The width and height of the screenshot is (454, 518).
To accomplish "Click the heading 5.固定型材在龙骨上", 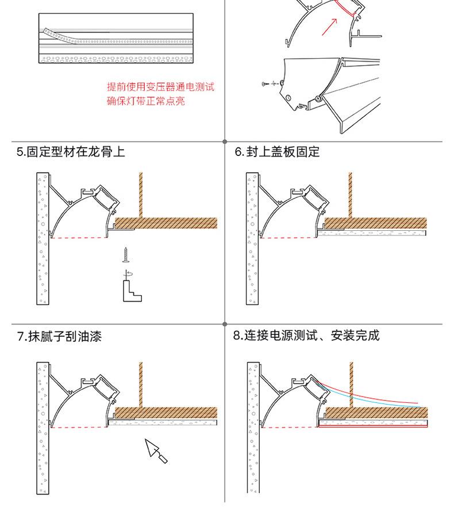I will [x=71, y=152].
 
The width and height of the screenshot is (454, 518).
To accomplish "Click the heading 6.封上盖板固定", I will [x=277, y=152].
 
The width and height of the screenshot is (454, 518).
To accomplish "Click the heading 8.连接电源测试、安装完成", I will [x=306, y=336].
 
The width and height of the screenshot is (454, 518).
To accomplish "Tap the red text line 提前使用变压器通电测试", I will [x=160, y=87].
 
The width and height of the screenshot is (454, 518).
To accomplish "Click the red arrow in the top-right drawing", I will [x=329, y=26].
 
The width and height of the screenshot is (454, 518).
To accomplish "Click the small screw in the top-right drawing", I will [x=265, y=85].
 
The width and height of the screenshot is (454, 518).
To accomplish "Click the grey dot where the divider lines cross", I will [x=224, y=141].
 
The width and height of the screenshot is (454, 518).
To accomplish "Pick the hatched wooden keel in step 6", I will [x=376, y=223].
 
